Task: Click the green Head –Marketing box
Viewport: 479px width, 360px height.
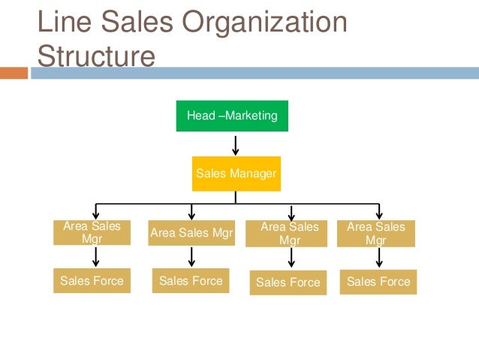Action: pos(232,116)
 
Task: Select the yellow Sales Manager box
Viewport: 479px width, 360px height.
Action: pos(236,174)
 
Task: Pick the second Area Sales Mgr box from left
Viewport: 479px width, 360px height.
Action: pos(191,233)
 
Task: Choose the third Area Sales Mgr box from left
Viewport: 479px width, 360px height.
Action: pos(289,233)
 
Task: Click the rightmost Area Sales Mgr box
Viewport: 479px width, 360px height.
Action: pos(375,233)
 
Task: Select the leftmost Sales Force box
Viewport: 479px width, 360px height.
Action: pos(92,281)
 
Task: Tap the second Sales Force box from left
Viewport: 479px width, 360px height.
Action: pos(191,281)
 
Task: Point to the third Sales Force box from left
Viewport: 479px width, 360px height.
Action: pos(288,282)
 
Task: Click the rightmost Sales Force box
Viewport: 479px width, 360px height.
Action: pos(378,282)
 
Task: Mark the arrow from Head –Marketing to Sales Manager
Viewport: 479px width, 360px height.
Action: pos(236,144)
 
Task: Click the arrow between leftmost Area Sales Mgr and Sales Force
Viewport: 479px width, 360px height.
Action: pos(95,257)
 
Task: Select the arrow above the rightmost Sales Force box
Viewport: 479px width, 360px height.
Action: pos(379,258)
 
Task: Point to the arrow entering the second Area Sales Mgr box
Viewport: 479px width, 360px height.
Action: pos(192,211)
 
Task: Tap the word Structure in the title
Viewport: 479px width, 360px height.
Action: pos(95,56)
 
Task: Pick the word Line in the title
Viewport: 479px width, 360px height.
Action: pos(62,23)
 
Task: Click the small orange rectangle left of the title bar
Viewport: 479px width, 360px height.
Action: pos(14,73)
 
